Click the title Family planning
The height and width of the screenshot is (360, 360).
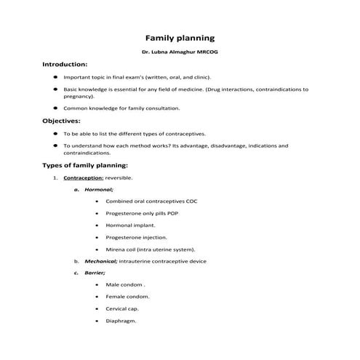click(179, 36)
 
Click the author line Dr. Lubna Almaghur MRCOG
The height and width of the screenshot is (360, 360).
click(179, 53)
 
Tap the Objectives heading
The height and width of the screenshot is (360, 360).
click(62, 121)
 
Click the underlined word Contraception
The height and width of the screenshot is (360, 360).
click(84, 177)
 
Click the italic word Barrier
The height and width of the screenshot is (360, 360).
click(95, 272)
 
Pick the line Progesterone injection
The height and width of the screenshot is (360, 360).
click(136, 237)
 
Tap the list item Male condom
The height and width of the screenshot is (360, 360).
click(125, 284)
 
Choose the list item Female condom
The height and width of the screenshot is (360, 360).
click(128, 296)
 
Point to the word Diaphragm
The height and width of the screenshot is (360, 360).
click(121, 320)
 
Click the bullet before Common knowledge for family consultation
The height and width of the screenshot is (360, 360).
click(55, 108)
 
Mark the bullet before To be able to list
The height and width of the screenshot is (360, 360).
click(55, 134)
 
